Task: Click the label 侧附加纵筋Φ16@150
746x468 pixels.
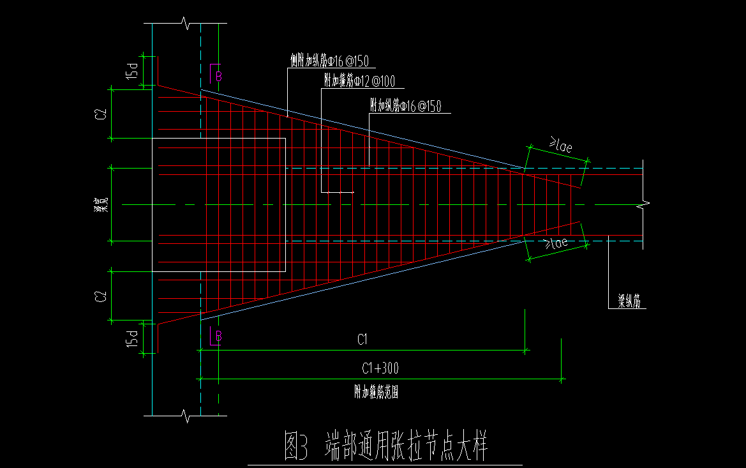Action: [329, 61]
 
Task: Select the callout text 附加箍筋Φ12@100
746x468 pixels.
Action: [359, 81]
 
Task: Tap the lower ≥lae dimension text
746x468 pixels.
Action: [555, 243]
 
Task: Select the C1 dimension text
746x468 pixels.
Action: [362, 340]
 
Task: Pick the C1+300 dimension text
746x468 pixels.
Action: [380, 368]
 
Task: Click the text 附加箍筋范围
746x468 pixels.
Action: [377, 392]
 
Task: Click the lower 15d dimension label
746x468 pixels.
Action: [133, 338]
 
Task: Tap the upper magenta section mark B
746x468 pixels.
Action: [218, 76]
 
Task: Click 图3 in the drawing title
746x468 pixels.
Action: [297, 447]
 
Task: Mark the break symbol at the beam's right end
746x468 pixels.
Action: [643, 204]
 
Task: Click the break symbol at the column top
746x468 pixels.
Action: [186, 24]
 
